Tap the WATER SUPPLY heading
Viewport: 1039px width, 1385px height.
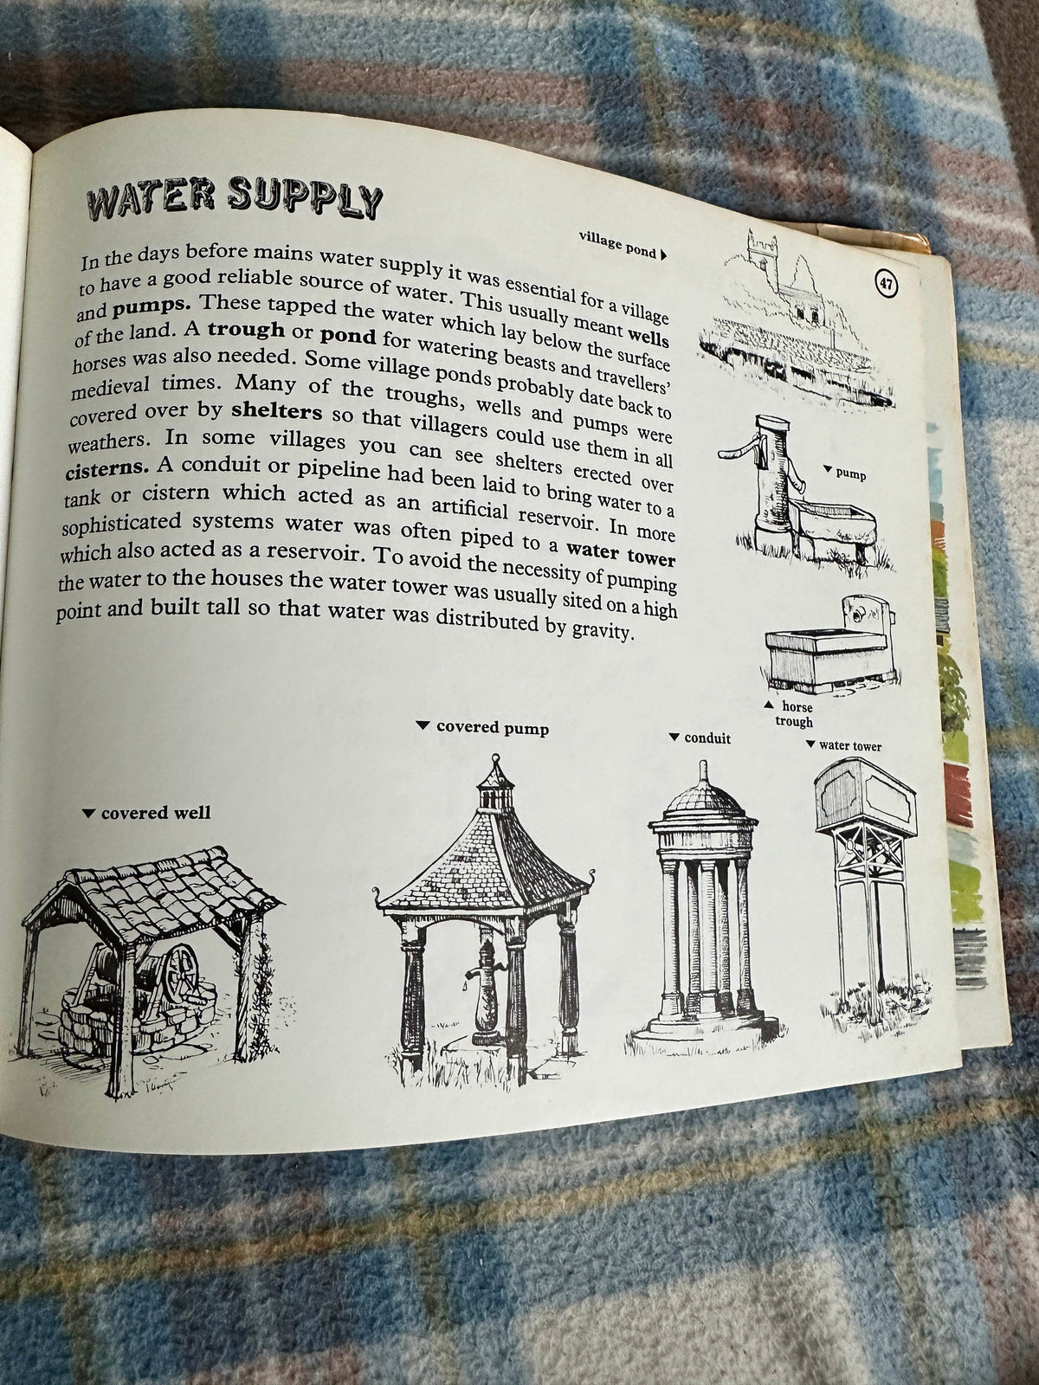[x=235, y=197]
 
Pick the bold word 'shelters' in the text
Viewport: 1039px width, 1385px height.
[x=277, y=411]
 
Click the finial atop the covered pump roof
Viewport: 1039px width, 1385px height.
[x=493, y=764]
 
